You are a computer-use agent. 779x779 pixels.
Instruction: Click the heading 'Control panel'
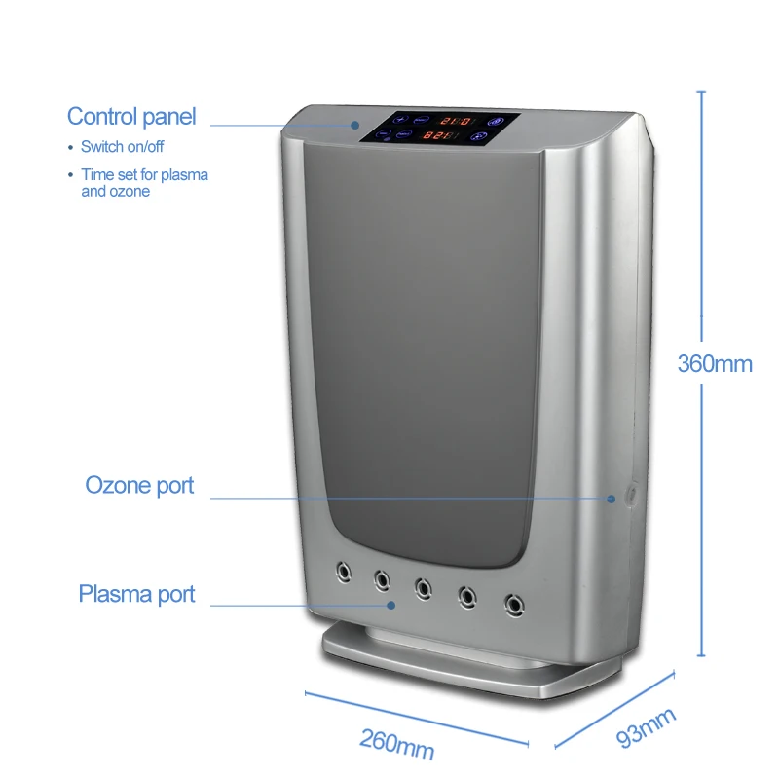tap(131, 117)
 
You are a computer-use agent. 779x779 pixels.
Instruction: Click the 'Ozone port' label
tap(139, 485)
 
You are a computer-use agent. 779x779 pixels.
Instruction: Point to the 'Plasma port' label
tap(136, 594)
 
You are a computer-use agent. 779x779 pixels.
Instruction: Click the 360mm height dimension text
tap(715, 364)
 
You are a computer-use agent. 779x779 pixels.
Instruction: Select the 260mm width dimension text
tap(396, 744)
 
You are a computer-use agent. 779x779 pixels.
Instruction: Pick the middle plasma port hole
tap(424, 587)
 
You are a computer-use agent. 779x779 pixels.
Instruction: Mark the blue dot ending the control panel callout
tap(356, 126)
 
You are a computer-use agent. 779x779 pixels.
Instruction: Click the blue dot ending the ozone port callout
tap(611, 499)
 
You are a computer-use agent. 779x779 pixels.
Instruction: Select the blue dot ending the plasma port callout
tap(391, 605)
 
